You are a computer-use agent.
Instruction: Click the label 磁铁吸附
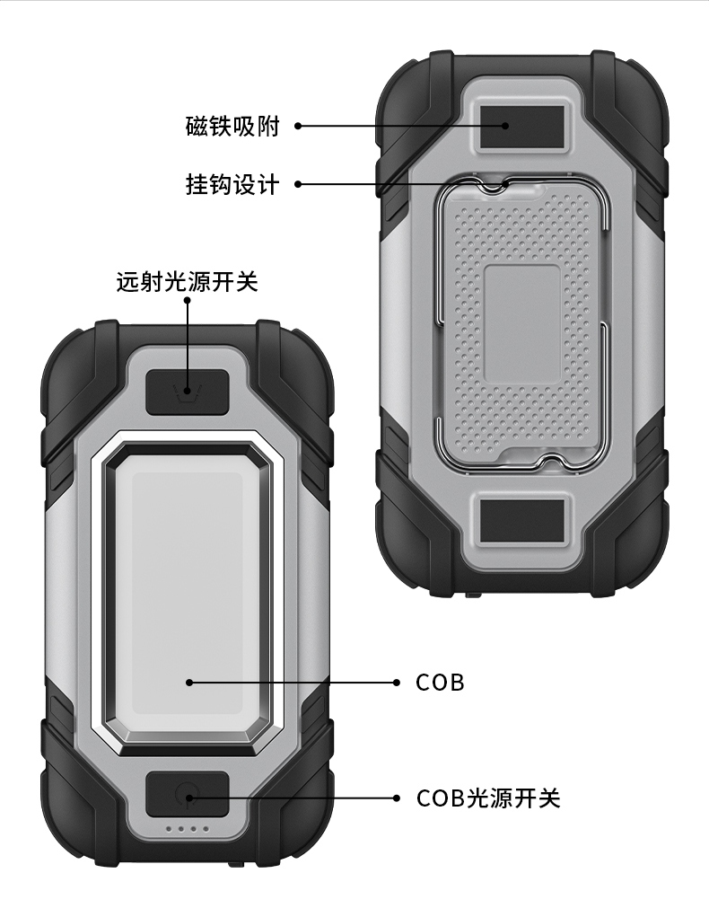pyautogui.click(x=232, y=127)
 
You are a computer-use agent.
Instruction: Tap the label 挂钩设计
pyautogui.click(x=232, y=185)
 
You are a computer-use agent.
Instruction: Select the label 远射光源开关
pyautogui.click(x=188, y=282)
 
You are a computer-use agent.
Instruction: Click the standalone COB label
pyautogui.click(x=440, y=683)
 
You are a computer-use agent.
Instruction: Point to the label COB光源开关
pyautogui.click(x=488, y=798)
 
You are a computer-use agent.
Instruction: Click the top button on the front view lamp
pyautogui.click(x=187, y=392)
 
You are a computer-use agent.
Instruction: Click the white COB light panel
pyautogui.click(x=187, y=593)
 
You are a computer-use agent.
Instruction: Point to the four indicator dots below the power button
pyautogui.click(x=188, y=830)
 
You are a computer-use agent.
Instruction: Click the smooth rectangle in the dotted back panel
pyautogui.click(x=523, y=322)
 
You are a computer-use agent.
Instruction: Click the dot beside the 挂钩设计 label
pyautogui.click(x=298, y=185)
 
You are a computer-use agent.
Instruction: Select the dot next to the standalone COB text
pyautogui.click(x=397, y=683)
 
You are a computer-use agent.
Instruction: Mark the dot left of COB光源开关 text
pyautogui.click(x=397, y=798)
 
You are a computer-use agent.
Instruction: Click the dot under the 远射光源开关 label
pyautogui.click(x=188, y=300)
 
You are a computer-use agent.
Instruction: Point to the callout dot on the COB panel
pyautogui.click(x=189, y=683)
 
